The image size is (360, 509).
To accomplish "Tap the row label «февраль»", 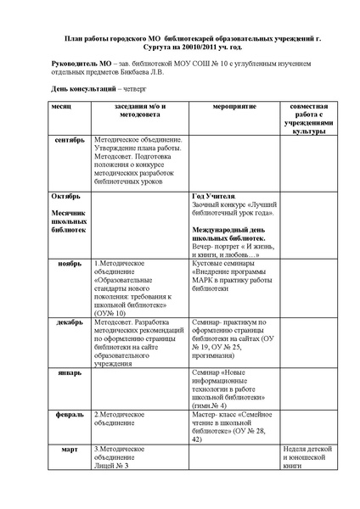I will pos(69,414).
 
